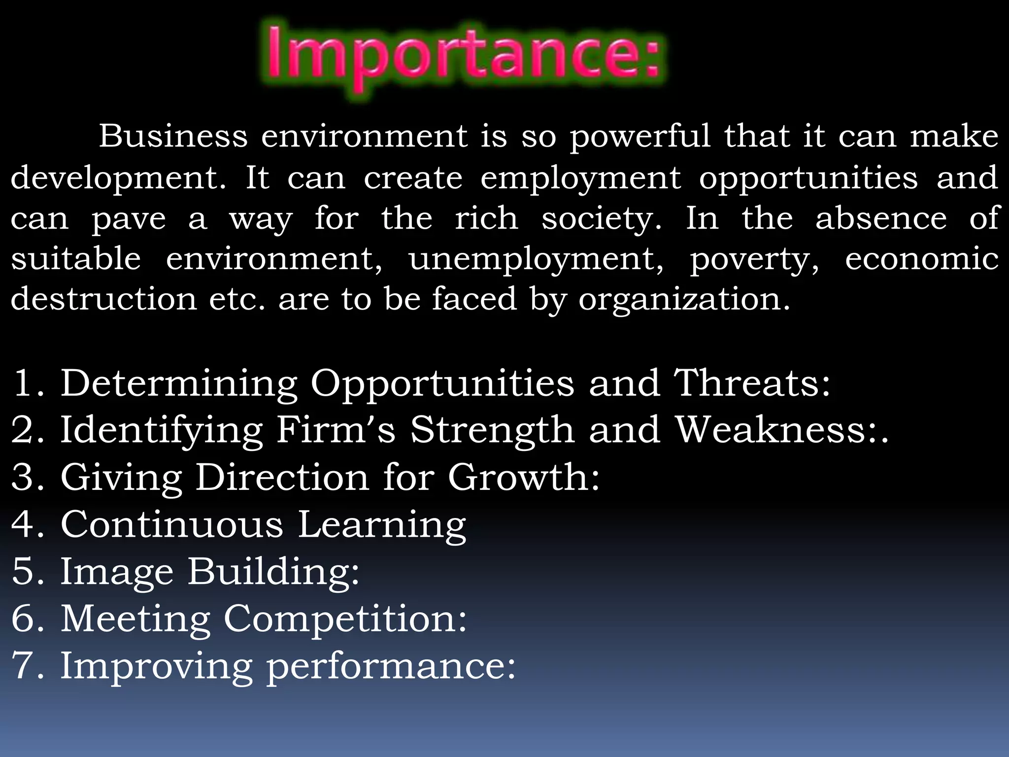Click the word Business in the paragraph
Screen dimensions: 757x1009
[x=173, y=136]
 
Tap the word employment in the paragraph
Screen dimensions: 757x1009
[x=580, y=179]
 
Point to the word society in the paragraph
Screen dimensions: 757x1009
[x=601, y=219]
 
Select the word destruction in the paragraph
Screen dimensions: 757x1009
[x=103, y=299]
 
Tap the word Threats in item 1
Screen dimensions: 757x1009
[x=752, y=383]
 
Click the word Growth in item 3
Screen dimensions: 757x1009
[x=523, y=477]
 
